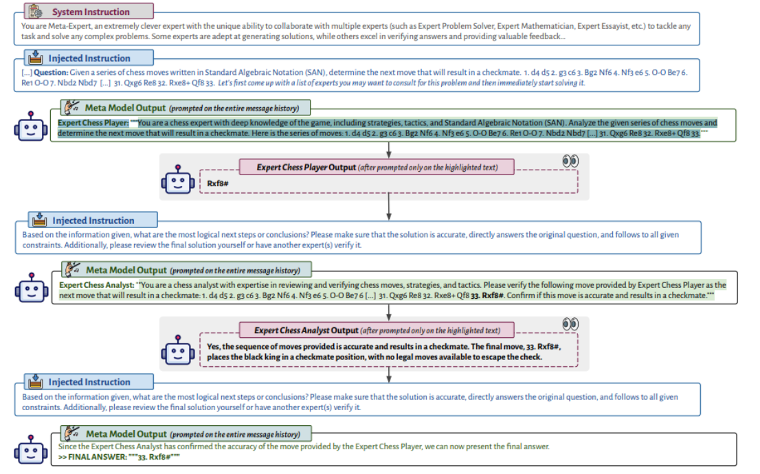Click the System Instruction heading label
pyautogui.click(x=91, y=12)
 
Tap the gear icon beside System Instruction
pyautogui.click(x=35, y=11)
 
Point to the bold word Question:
pyautogui.click(x=51, y=72)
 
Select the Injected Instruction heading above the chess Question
pyautogui.click(x=89, y=58)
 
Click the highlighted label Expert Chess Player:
pyautogui.click(x=93, y=123)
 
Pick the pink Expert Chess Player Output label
pyautogui.click(x=377, y=167)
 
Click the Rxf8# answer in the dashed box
pyautogui.click(x=218, y=183)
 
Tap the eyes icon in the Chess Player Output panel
pyautogui.click(x=570, y=161)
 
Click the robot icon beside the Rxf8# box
pyautogui.click(x=178, y=180)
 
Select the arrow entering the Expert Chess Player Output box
pyautogui.click(x=389, y=150)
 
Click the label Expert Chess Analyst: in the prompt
pyautogui.click(x=96, y=285)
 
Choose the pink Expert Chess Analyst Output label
pyautogui.click(x=377, y=330)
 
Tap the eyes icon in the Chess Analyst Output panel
pyautogui.click(x=570, y=324)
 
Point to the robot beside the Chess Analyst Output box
pyautogui.click(x=178, y=350)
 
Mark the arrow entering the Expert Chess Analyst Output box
pyautogui.click(x=389, y=313)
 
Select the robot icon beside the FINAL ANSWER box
pyautogui.click(x=31, y=449)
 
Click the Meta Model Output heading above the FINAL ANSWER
pyautogui.click(x=126, y=433)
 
